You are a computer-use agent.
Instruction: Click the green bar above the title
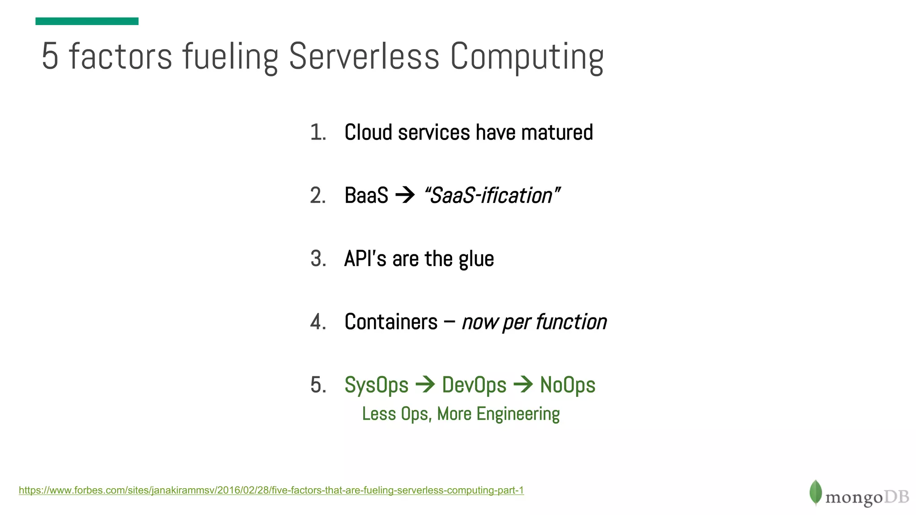click(87, 21)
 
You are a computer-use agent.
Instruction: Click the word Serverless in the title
click(364, 56)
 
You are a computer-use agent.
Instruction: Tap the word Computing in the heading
click(527, 57)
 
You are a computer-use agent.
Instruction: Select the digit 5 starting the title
click(50, 56)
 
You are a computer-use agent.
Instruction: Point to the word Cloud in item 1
click(368, 132)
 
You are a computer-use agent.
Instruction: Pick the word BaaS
click(366, 195)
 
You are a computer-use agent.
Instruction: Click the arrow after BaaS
click(405, 195)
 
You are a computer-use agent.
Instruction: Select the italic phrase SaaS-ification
click(491, 195)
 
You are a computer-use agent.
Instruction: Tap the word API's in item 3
click(365, 259)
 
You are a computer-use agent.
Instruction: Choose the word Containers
click(391, 322)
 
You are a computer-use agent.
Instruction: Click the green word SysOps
click(376, 385)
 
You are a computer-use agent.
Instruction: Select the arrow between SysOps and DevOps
click(425, 384)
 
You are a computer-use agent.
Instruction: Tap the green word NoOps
click(568, 385)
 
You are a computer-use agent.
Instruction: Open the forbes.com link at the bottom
click(271, 490)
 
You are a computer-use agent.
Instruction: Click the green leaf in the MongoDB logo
click(815, 493)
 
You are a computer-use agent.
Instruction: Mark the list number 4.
click(318, 322)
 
